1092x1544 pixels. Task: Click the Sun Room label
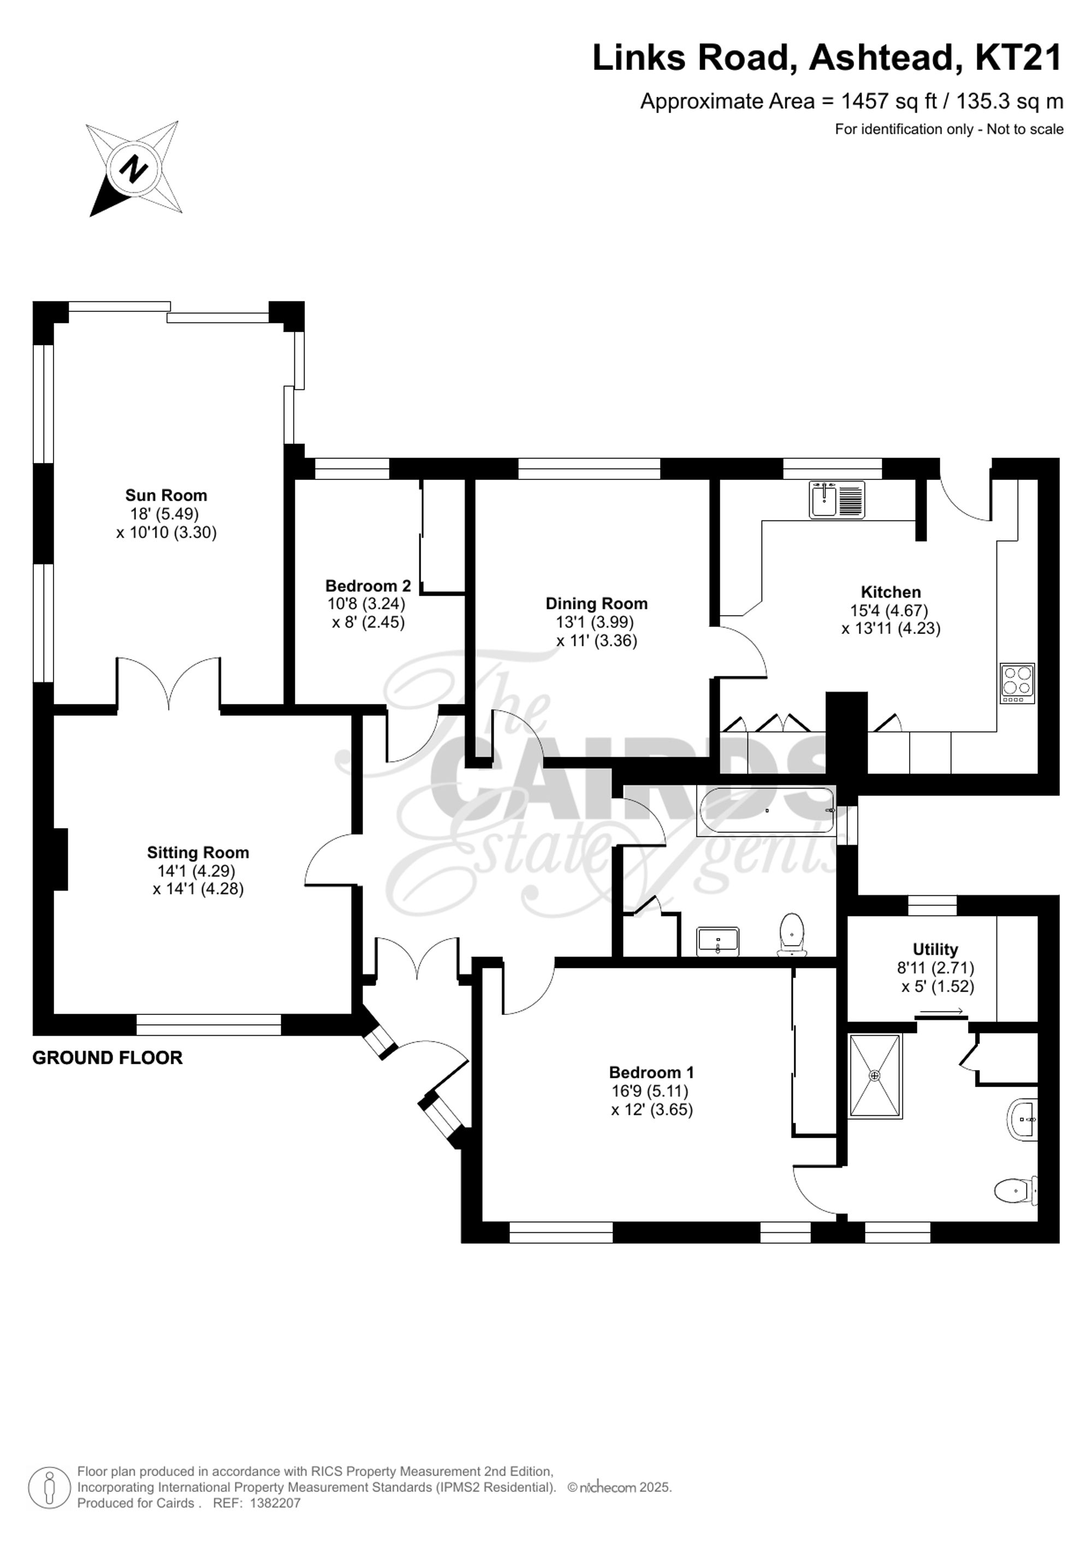pos(166,496)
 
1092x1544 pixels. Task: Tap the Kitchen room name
pos(891,592)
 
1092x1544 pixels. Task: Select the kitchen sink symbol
pos(836,500)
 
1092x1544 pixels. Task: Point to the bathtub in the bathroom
pos(767,810)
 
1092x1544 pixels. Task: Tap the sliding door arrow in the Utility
pos(941,1011)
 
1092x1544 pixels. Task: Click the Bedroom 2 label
pos(368,586)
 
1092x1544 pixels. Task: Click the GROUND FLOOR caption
pos(108,1058)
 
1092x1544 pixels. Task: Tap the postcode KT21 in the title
pos(1018,58)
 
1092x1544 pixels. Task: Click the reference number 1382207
pos(275,1503)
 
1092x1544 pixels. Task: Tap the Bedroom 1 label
pos(651,1073)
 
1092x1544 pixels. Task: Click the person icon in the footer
pos(49,1486)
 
